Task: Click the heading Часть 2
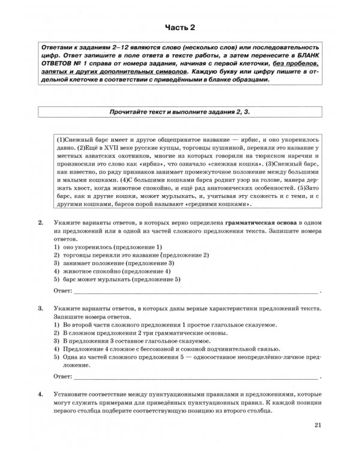[180, 28]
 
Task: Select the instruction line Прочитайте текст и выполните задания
[179, 112]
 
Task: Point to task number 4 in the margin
[40, 394]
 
